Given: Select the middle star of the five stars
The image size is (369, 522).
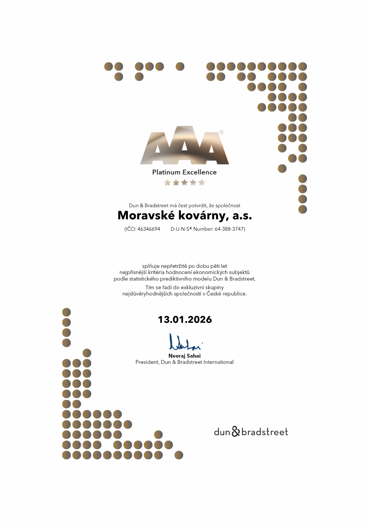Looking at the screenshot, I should [184, 182].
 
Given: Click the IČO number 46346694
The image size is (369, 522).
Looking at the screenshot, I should [149, 229].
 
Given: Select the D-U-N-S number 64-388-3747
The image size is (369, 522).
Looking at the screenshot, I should [229, 229].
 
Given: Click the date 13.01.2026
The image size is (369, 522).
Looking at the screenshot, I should [185, 319].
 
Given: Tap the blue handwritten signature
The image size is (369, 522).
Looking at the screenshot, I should [185, 342].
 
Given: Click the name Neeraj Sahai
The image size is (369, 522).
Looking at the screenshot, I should [184, 356].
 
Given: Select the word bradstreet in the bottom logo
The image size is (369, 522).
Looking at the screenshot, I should [265, 432].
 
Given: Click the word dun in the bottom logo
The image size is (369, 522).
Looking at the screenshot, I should [222, 432].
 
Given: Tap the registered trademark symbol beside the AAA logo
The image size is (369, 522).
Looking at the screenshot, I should [222, 132].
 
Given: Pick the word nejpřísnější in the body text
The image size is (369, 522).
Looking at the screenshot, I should [133, 272].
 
